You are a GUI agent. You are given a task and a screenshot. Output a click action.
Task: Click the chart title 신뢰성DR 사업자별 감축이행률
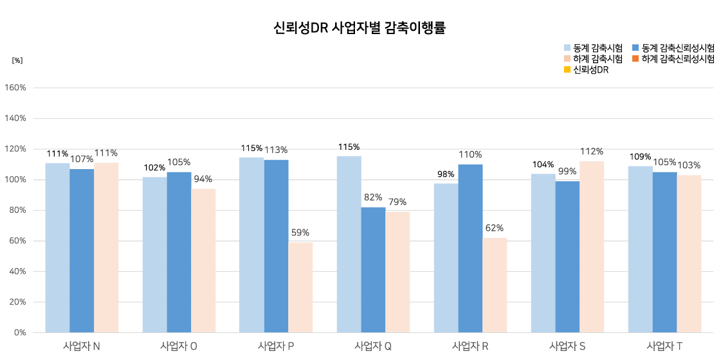click(x=360, y=28)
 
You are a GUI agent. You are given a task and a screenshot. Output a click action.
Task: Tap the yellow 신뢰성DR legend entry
click(x=586, y=70)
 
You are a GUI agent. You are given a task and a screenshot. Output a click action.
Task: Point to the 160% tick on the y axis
click(x=15, y=88)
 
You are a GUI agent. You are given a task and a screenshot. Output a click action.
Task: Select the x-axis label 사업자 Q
click(x=373, y=346)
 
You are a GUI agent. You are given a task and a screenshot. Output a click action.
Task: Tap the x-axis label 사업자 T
click(x=664, y=346)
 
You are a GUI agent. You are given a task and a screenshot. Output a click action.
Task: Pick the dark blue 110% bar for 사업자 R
click(x=470, y=248)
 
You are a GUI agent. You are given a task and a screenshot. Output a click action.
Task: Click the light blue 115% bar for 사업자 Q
click(x=349, y=244)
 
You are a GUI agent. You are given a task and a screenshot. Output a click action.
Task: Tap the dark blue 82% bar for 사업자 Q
click(x=373, y=269)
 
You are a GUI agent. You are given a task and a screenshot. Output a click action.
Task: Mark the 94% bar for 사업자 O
click(x=203, y=260)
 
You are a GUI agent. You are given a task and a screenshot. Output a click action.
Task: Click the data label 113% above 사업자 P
click(x=277, y=150)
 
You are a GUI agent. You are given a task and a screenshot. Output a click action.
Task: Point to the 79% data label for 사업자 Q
click(x=397, y=202)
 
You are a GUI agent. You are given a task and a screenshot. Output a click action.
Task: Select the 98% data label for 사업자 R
click(x=446, y=174)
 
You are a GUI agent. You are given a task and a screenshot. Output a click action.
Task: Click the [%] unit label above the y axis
click(x=17, y=60)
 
